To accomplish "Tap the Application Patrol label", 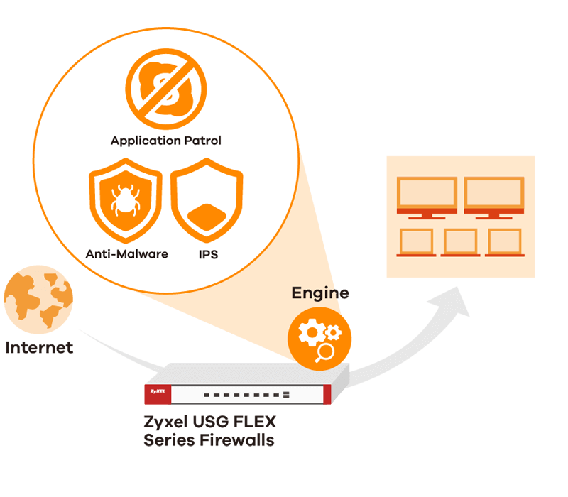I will (x=165, y=140).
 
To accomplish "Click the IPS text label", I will (x=209, y=253).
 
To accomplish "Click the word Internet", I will (x=39, y=348).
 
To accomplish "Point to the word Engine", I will (x=320, y=293).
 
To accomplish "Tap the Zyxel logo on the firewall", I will (x=157, y=391).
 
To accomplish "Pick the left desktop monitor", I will (x=426, y=195).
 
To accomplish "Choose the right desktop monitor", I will (x=494, y=195).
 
